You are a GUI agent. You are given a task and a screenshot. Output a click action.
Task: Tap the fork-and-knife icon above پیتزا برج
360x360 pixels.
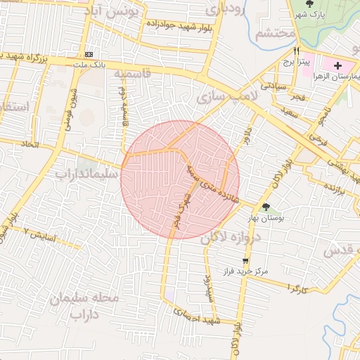pyautogui.click(x=296, y=51)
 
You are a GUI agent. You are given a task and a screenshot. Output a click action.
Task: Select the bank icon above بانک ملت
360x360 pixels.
pyautogui.click(x=89, y=54)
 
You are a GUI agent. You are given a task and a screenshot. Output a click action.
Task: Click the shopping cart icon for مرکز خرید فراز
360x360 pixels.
pyautogui.click(x=245, y=261)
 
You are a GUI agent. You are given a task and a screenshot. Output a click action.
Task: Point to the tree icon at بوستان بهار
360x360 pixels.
pyautogui.click(x=266, y=207)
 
